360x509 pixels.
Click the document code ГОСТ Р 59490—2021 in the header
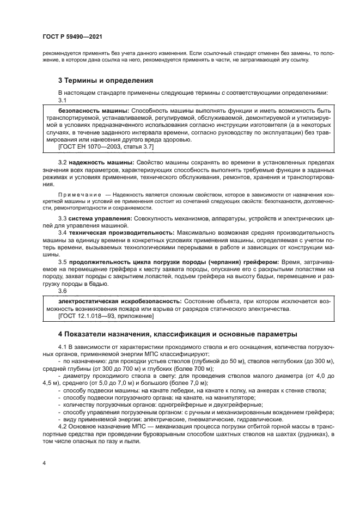72,36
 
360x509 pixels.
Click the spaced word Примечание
80,194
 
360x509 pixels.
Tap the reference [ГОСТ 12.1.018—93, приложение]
101,316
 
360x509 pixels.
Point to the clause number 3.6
62,291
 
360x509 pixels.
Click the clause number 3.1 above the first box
62,101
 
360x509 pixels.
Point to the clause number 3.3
62,218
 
